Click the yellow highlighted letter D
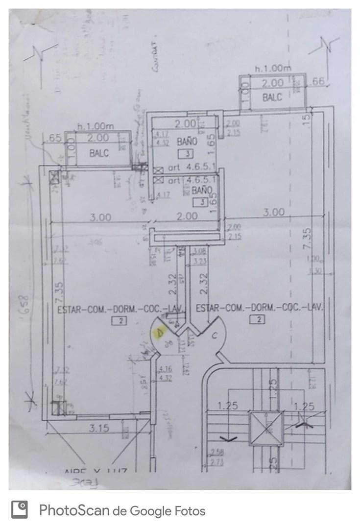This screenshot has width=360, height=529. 159,334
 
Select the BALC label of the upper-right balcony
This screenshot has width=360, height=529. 272,97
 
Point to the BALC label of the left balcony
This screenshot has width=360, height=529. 98,153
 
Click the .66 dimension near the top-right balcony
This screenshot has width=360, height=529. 318,82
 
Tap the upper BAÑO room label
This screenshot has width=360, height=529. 187,142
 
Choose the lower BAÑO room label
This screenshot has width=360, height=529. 202,190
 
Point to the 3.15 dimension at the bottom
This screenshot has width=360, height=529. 99,429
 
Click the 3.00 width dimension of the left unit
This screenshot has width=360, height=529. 100,217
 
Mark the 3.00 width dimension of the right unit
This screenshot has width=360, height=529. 273,213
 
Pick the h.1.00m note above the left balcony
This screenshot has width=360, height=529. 96,126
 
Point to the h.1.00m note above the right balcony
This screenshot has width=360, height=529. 272,68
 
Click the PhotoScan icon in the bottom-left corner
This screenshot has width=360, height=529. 20,510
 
